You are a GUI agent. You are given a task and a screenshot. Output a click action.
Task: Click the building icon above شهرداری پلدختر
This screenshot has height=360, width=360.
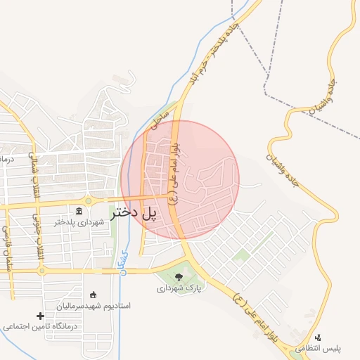pyautogui.click(x=79, y=212)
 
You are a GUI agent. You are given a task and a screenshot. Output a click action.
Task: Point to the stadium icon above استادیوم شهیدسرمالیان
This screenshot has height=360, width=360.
pyautogui.click(x=94, y=295)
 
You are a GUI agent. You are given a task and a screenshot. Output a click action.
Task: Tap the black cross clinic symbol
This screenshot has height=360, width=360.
pyautogui.click(x=40, y=316)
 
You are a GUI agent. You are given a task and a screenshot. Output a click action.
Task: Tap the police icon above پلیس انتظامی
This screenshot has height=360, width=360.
pyautogui.click(x=318, y=337)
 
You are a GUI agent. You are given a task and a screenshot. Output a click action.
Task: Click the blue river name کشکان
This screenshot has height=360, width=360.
pyautogui.click(x=124, y=261)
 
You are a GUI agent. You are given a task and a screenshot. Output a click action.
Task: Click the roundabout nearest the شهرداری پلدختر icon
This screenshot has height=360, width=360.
pyautogui.click(x=89, y=201)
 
